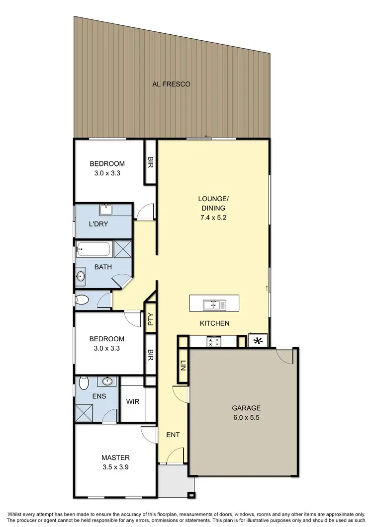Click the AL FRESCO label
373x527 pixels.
[x=171, y=84]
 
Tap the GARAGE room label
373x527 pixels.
[x=246, y=408]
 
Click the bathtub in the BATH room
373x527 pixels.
[x=94, y=248]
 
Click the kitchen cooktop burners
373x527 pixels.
[x=214, y=341]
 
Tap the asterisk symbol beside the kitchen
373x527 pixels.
[x=258, y=341]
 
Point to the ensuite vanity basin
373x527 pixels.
[x=106, y=381]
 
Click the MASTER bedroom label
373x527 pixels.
[x=115, y=457]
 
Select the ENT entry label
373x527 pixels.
[x=173, y=435]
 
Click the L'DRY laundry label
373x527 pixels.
[x=98, y=224]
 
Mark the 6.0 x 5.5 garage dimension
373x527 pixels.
[x=246, y=418]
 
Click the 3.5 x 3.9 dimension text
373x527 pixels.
[x=115, y=467]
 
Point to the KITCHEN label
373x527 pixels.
[x=214, y=323]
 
